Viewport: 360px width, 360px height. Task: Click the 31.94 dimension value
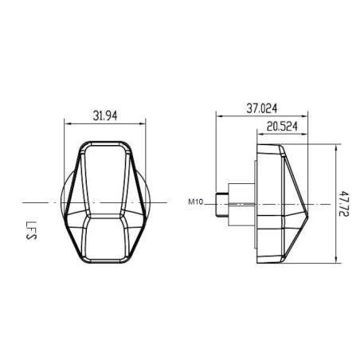pyautogui.click(x=105, y=115)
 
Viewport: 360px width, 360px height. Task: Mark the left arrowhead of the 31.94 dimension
pyautogui.click(x=66, y=123)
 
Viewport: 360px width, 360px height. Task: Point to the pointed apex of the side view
pyautogui.click(x=310, y=206)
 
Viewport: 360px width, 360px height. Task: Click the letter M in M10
pyautogui.click(x=193, y=201)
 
